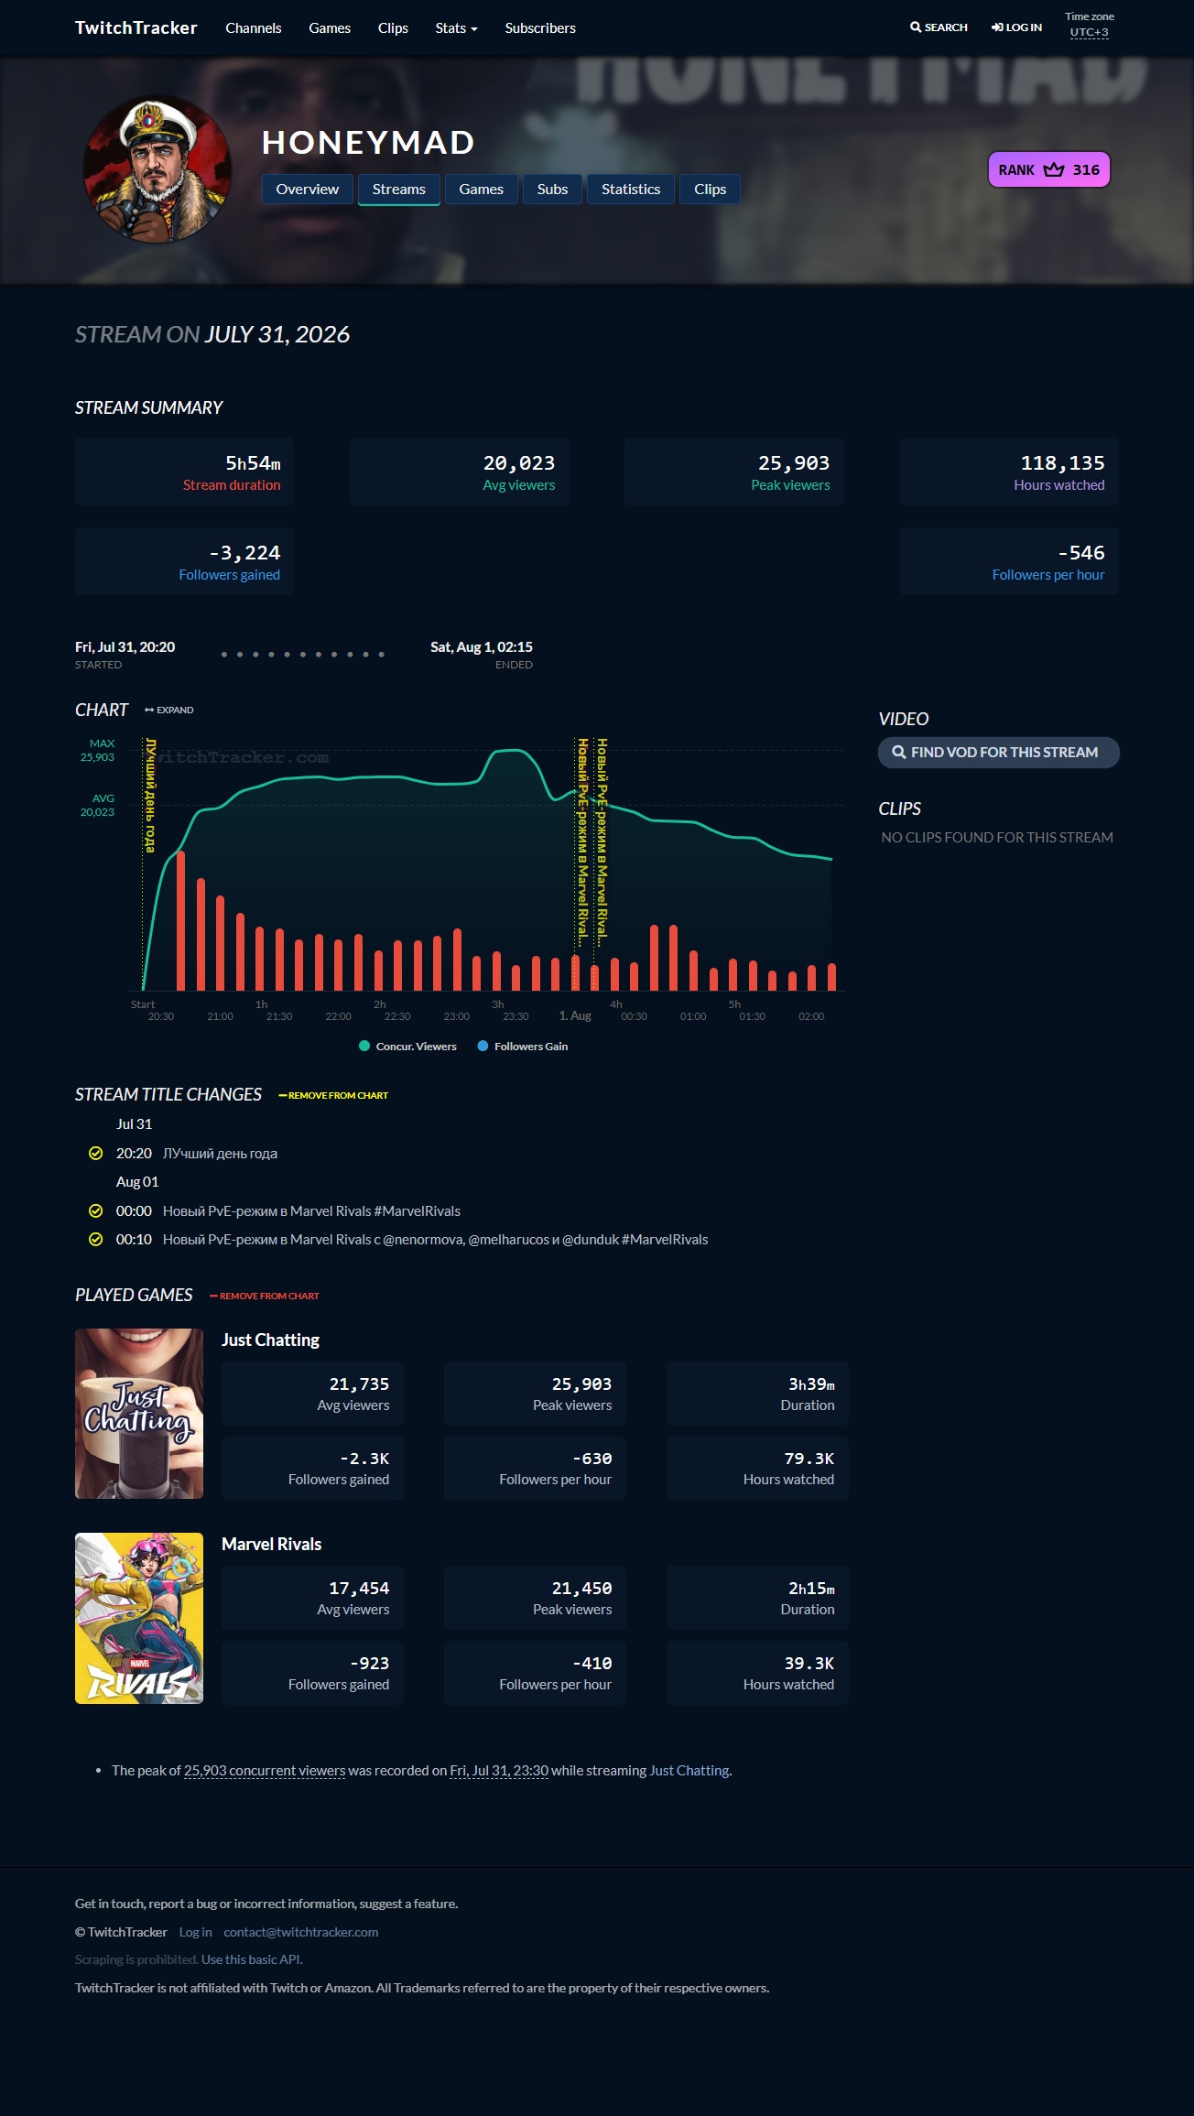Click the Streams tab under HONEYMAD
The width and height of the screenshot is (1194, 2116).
point(398,190)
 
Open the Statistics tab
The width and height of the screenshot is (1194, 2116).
point(631,190)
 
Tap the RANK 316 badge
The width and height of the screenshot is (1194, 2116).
point(1049,169)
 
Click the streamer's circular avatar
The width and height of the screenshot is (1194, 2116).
point(157,169)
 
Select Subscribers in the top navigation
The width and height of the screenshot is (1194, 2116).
point(540,28)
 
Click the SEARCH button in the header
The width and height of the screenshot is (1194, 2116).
point(939,27)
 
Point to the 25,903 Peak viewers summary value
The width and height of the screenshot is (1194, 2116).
point(794,463)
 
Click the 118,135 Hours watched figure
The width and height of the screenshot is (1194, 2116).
point(1062,463)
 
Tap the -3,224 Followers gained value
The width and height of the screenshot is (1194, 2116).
point(244,553)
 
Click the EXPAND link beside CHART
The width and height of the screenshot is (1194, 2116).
point(169,711)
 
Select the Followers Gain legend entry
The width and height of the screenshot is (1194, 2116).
point(523,1047)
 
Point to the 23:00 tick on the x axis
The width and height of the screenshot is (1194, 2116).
point(457,1016)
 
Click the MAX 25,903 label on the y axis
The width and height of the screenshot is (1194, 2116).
point(98,751)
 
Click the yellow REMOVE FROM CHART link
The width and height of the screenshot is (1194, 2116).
point(333,1096)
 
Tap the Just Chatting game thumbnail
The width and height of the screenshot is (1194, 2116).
point(139,1414)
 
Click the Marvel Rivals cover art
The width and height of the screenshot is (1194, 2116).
point(139,1618)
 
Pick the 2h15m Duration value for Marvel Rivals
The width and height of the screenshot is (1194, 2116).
point(811,1589)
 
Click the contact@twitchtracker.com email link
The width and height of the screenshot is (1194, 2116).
point(301,1932)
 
